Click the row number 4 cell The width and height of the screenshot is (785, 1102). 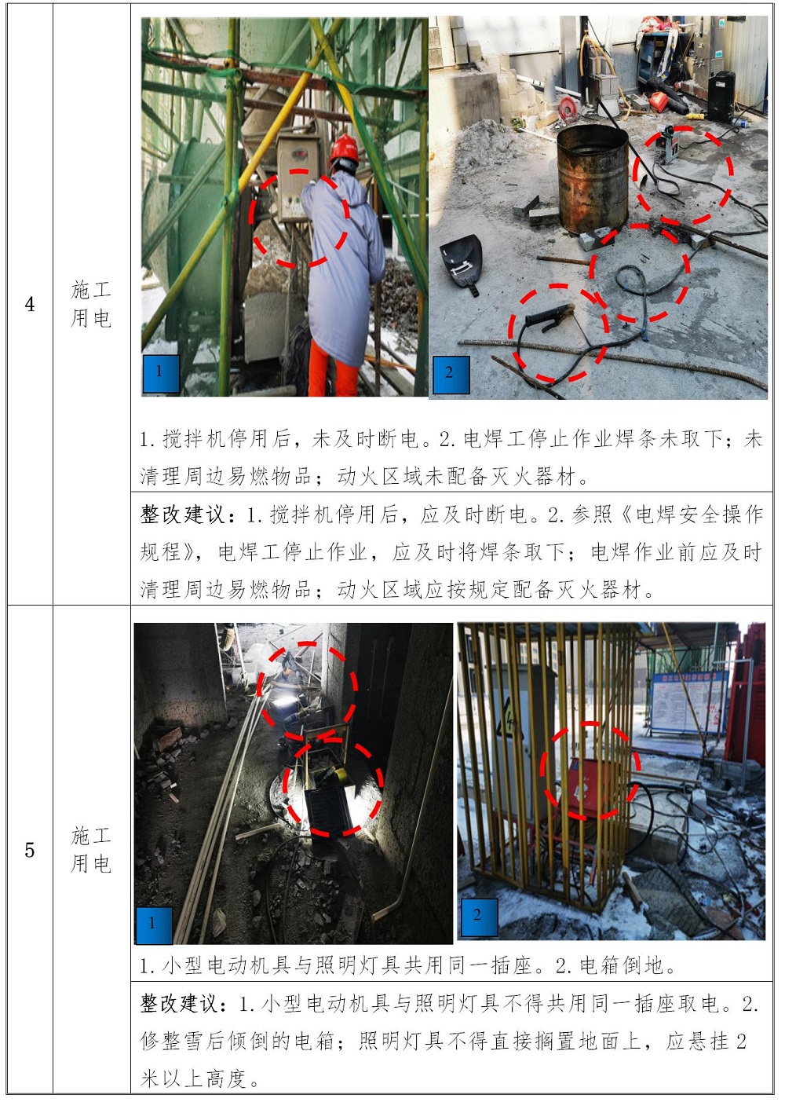pos(30,304)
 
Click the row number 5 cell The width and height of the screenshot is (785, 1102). pos(30,850)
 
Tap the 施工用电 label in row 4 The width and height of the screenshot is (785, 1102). pos(91,304)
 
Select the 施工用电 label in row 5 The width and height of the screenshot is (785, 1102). pos(91,850)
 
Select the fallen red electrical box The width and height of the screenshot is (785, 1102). pos(590,787)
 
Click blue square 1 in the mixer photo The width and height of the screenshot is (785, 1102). pos(160,373)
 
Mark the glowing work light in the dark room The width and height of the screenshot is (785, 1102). pos(284,704)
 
